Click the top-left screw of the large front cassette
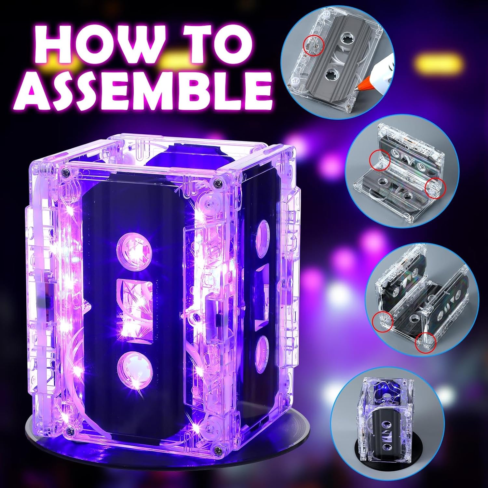click(x=66, y=171)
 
